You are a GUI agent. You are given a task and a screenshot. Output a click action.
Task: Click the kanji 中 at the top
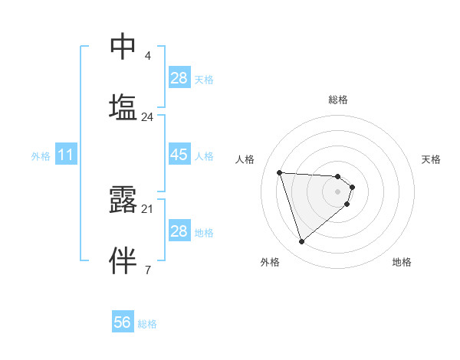click(x=123, y=46)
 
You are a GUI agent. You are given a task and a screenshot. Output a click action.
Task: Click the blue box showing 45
click(x=179, y=155)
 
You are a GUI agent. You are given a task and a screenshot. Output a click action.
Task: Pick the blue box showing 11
click(x=66, y=155)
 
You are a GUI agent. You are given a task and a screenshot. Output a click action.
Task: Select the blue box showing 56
click(x=123, y=323)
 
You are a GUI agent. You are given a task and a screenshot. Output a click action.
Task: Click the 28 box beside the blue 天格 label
click(x=179, y=78)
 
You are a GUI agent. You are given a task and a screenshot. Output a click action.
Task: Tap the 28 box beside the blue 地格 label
click(x=179, y=231)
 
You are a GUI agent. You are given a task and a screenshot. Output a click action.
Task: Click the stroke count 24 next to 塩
click(x=148, y=117)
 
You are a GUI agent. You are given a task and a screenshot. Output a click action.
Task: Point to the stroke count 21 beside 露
click(x=148, y=208)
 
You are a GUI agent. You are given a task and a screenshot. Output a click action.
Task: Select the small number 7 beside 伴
click(x=148, y=269)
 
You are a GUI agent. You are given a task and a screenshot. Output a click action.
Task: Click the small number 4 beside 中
click(x=148, y=55)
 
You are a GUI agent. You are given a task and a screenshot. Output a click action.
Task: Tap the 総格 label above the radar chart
click(x=338, y=100)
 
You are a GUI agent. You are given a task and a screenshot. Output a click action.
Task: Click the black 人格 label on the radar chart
click(x=245, y=159)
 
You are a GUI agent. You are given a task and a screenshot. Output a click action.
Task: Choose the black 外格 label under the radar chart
click(x=270, y=262)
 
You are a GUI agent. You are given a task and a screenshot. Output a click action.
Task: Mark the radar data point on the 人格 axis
click(x=280, y=172)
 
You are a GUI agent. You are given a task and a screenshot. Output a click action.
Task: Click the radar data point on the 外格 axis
click(x=302, y=242)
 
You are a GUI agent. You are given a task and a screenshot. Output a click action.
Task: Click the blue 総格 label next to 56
click(x=147, y=324)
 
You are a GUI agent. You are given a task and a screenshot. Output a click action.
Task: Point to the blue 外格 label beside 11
click(x=41, y=156)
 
